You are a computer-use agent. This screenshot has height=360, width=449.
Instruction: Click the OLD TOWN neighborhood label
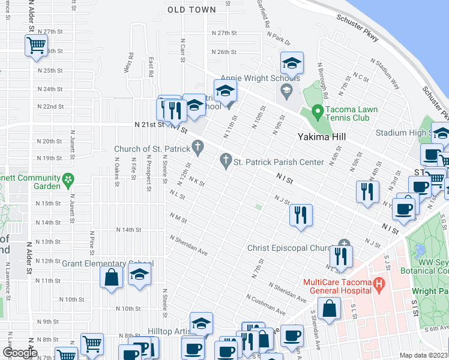(191, 10)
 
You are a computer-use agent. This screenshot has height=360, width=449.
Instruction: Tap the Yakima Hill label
(322, 136)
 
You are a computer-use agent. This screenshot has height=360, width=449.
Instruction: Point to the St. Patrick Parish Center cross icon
(226, 161)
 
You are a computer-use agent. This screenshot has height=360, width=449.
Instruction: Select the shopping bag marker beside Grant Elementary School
(112, 278)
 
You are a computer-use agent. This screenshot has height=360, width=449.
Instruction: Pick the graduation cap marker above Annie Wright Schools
(292, 63)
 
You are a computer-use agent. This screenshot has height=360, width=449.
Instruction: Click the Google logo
(20, 353)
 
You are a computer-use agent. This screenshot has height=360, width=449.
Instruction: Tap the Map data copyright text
(424, 355)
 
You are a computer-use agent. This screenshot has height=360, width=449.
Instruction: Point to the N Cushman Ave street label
(265, 305)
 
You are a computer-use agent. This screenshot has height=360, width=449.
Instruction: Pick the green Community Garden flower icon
(69, 179)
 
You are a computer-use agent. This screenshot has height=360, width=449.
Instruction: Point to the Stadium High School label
(412, 133)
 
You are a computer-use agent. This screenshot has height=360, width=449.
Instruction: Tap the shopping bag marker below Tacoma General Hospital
(330, 309)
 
